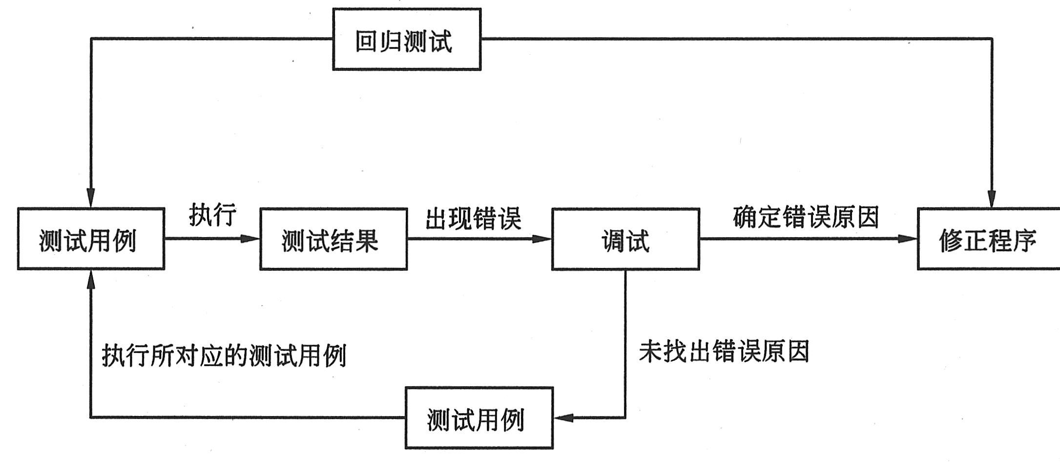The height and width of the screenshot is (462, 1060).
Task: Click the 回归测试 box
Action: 407,40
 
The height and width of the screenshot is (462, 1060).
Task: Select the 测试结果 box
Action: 333,239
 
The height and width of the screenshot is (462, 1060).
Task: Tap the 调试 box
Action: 625,239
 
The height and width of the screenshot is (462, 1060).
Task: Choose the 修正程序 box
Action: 988,239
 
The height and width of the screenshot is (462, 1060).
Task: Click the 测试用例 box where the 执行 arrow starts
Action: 91,239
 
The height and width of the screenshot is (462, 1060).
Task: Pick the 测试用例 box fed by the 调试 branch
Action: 479,418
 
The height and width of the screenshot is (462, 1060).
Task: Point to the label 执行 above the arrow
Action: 213,214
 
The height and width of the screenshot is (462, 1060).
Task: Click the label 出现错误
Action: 473,218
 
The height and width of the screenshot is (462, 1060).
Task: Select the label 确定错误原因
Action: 806,217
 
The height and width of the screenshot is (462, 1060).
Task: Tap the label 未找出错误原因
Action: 724,351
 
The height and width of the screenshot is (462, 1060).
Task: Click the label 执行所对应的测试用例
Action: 224,355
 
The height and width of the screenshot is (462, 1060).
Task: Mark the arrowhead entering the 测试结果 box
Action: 250,239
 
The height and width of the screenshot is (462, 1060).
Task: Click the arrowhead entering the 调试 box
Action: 542,239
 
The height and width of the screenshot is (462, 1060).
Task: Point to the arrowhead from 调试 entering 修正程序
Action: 908,239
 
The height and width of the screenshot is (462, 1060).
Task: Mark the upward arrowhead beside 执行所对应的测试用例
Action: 91,279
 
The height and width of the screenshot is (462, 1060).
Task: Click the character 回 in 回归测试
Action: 366,41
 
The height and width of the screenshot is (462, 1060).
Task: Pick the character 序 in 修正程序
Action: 1024,240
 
